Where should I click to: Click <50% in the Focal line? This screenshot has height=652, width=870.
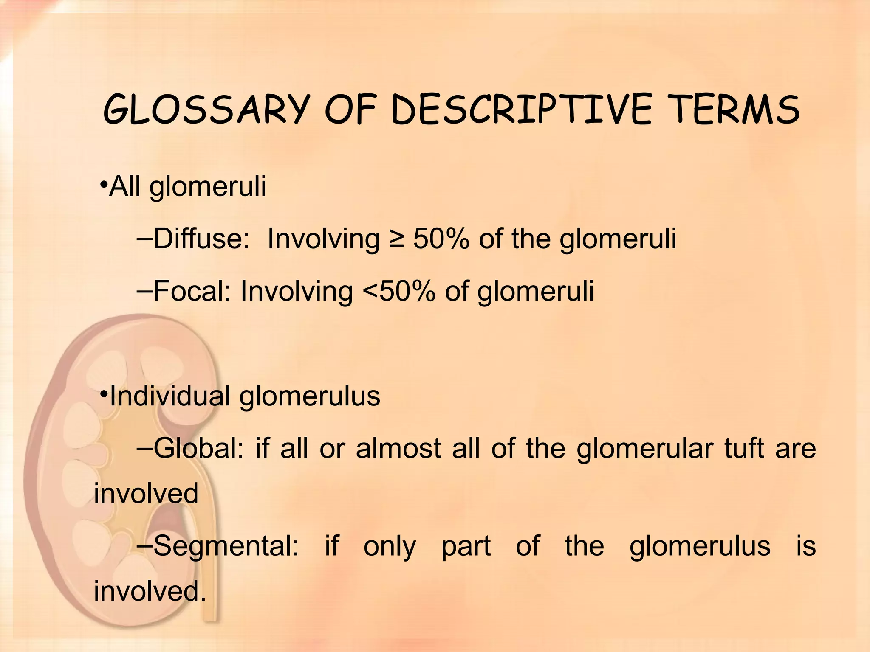point(398,291)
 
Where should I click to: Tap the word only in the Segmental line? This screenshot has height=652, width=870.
point(390,546)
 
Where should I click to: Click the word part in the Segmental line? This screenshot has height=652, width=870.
point(466,547)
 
